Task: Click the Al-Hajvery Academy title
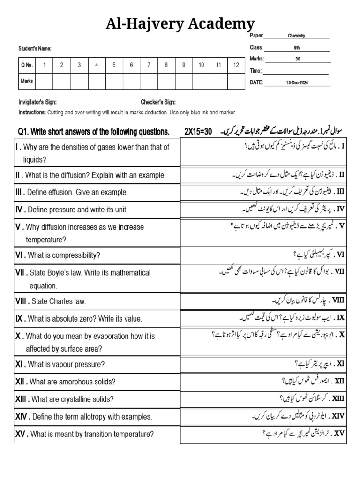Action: coord(180,23)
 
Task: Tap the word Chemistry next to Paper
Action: coord(297,36)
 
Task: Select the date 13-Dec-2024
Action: coord(297,83)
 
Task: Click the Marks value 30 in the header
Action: coord(298,59)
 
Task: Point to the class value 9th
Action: coord(297,47)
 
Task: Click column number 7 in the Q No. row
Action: coord(149,65)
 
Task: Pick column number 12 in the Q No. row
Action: coord(236,65)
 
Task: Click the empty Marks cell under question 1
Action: coord(45,81)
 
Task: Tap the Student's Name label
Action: coord(34,49)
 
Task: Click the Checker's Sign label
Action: coord(158,102)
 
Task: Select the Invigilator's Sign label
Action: coord(37,102)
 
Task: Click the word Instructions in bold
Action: coord(32,112)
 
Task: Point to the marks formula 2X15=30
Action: coord(202,131)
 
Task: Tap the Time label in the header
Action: coord(256,71)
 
